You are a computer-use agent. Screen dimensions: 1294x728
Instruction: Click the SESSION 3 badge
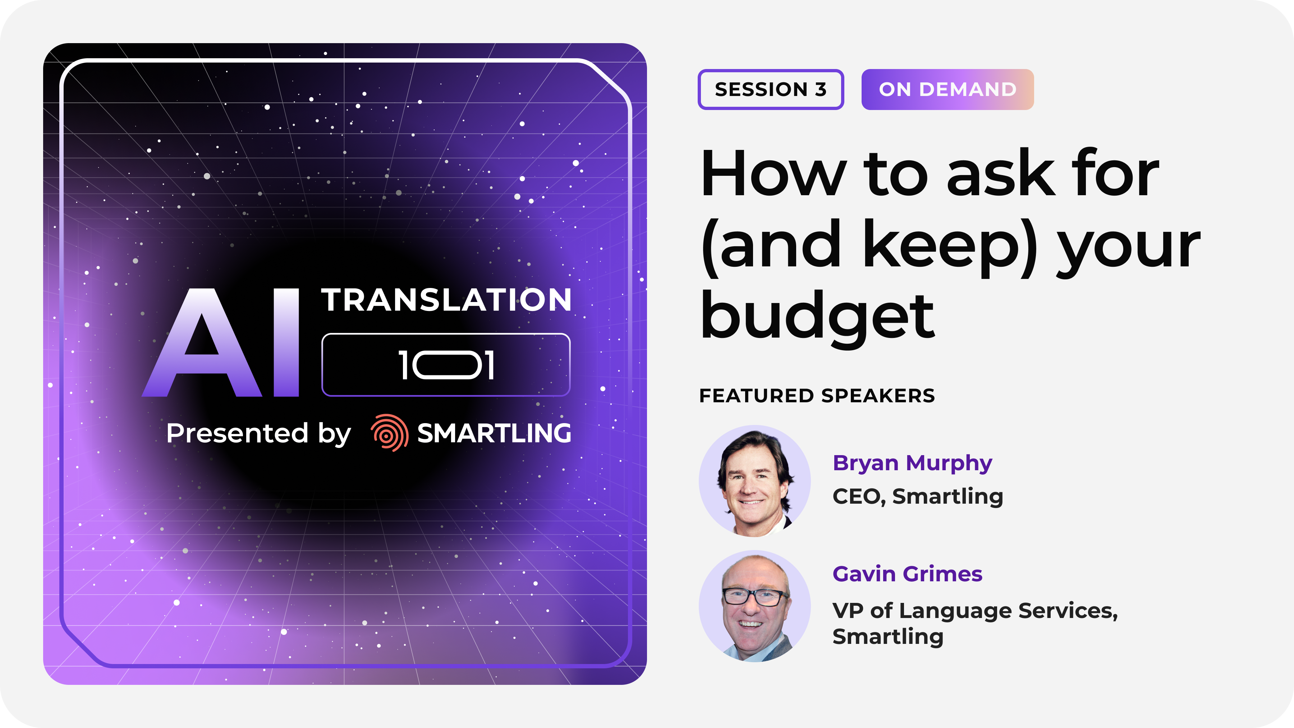coord(771,90)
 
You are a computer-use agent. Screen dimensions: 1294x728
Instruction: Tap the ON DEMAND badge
coord(947,90)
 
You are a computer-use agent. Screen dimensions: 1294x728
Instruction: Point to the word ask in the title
coord(1000,173)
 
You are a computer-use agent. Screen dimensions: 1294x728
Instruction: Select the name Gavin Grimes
coord(907,574)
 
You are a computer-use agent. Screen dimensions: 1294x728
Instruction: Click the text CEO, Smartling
coord(918,496)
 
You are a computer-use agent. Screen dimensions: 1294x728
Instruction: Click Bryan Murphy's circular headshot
coord(754,481)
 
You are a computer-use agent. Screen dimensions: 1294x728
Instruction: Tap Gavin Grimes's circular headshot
coord(754,606)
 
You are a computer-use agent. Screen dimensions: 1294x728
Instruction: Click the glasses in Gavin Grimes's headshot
coord(755,597)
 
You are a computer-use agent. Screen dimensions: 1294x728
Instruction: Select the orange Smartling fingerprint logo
coord(389,432)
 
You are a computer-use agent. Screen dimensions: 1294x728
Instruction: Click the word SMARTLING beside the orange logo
coord(494,433)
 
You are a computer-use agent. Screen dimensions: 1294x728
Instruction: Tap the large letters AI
coord(221,343)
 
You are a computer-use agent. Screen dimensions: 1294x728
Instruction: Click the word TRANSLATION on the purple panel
coord(446,300)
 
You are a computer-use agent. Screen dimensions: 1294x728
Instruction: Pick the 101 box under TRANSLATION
coord(446,365)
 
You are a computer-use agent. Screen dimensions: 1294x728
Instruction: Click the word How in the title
coord(774,173)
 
